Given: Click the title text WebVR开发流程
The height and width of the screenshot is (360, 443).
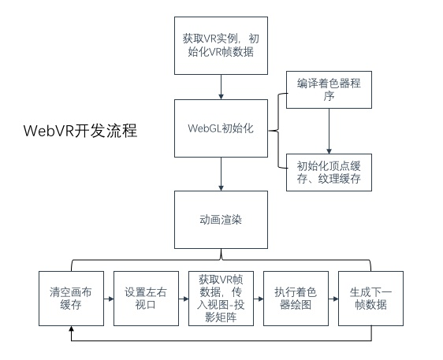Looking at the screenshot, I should [x=80, y=130].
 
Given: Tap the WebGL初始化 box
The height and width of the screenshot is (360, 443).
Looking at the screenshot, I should [x=221, y=128].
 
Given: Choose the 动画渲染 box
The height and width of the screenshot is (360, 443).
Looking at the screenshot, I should [x=221, y=219].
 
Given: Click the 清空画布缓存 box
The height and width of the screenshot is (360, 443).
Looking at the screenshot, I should [x=71, y=299].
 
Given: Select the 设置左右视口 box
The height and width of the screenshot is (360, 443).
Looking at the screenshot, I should [x=146, y=299].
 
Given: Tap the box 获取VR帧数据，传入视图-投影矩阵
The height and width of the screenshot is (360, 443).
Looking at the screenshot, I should [x=221, y=299].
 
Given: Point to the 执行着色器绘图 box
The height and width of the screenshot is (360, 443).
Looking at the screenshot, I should [x=296, y=299].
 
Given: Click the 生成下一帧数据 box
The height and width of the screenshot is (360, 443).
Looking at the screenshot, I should [x=370, y=299].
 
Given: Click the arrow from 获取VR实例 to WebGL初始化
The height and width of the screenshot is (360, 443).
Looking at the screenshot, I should [x=221, y=84].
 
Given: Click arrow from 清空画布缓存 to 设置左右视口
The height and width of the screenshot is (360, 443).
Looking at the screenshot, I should [x=108, y=299].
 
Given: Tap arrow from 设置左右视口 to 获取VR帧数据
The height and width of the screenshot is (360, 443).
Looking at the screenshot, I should [x=183, y=299].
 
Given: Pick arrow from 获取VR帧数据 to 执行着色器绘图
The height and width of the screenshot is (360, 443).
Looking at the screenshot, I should [x=258, y=299].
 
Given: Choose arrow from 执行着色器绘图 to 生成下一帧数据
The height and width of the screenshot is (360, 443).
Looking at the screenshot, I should [x=333, y=299].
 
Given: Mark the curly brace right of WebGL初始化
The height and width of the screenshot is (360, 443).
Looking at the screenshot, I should [x=280, y=129].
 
